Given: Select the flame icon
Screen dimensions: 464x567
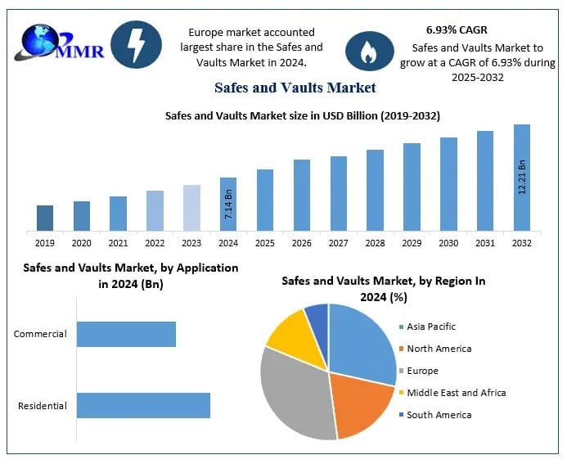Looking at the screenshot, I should [x=367, y=51].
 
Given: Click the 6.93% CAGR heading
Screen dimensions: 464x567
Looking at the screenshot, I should [x=457, y=30].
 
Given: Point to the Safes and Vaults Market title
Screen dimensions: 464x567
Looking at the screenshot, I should [x=295, y=87].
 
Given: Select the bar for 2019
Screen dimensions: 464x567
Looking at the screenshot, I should [x=45, y=218].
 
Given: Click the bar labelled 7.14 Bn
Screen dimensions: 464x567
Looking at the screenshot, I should [x=228, y=204].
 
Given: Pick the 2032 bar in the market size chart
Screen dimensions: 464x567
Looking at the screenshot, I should [x=521, y=178].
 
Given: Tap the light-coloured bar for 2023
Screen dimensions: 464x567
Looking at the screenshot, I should [x=191, y=208].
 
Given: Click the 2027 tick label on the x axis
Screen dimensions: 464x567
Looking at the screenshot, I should [x=338, y=243].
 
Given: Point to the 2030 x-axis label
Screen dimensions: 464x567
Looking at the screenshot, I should [x=448, y=243].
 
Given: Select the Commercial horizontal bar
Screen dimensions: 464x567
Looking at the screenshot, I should [x=126, y=334].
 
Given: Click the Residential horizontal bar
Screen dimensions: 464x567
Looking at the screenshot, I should [x=143, y=405].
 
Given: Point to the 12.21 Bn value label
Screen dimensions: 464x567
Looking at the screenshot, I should [x=522, y=177].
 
